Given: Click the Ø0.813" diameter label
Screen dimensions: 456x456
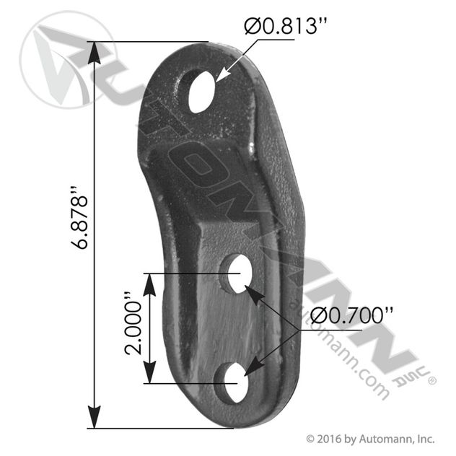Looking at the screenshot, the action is click(x=286, y=26).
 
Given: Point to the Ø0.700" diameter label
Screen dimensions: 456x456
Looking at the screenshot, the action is click(x=351, y=316).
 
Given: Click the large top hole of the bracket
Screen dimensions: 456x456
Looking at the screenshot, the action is click(x=201, y=92).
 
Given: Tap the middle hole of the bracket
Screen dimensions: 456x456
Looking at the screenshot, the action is click(x=240, y=273).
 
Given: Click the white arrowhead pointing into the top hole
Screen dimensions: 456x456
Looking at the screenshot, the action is click(x=223, y=74).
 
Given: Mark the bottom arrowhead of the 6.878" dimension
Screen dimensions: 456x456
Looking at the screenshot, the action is click(x=94, y=417).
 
